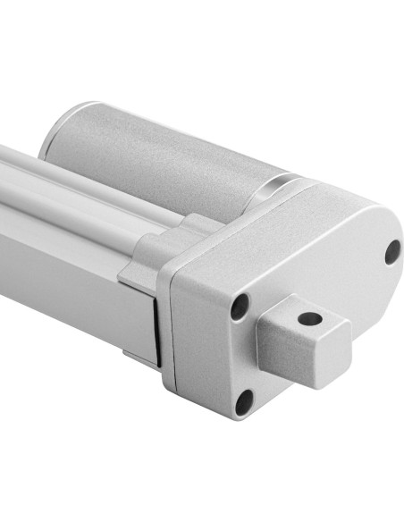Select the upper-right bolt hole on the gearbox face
coord(392,252)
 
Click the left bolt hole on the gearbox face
coord(239,307)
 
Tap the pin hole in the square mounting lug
coord(309,317)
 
